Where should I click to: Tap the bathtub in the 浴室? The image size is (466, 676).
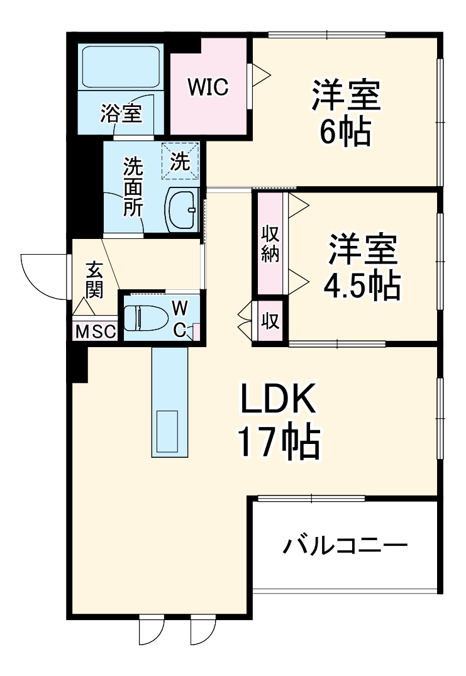point(121,67)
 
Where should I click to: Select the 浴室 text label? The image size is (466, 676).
point(121,114)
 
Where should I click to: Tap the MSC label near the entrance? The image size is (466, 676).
point(95,331)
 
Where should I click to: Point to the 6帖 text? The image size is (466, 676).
point(344,132)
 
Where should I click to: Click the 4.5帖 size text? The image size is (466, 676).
point(361,287)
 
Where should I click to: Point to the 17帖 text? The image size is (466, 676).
point(277,442)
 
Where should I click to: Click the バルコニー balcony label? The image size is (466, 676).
point(345,545)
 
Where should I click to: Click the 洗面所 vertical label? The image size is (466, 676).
point(133,187)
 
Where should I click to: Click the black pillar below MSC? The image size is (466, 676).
point(77,363)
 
